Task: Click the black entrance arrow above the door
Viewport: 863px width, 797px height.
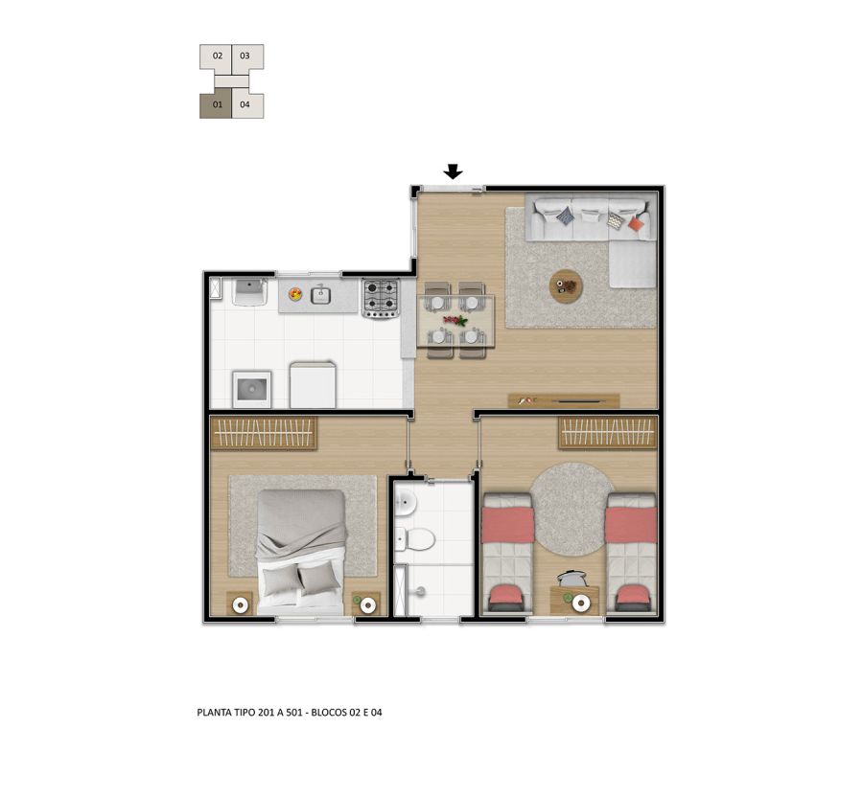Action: pyautogui.click(x=453, y=172)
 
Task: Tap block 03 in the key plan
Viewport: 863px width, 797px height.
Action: pyautogui.click(x=247, y=57)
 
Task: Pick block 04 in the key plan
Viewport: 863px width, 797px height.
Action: pyautogui.click(x=247, y=105)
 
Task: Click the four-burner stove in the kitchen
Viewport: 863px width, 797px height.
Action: pyautogui.click(x=381, y=299)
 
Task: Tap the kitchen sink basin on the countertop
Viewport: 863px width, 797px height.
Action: pyautogui.click(x=320, y=296)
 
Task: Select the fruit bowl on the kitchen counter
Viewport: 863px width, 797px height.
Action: pyautogui.click(x=295, y=294)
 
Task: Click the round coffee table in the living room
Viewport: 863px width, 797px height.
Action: pyautogui.click(x=566, y=286)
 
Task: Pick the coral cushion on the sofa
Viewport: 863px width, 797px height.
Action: pyautogui.click(x=637, y=224)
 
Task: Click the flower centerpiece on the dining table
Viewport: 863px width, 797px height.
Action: pyautogui.click(x=455, y=320)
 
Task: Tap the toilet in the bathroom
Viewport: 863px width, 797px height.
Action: pyautogui.click(x=414, y=539)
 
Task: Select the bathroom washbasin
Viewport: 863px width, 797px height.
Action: pyautogui.click(x=406, y=501)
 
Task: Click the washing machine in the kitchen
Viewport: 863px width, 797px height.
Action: pyautogui.click(x=251, y=390)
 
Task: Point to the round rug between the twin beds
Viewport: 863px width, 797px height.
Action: pyautogui.click(x=571, y=509)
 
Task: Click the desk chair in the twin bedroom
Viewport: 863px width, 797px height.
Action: pyautogui.click(x=571, y=579)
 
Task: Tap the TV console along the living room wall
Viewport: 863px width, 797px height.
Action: pyautogui.click(x=564, y=400)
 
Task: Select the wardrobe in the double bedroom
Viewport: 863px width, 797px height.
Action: pyautogui.click(x=264, y=433)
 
